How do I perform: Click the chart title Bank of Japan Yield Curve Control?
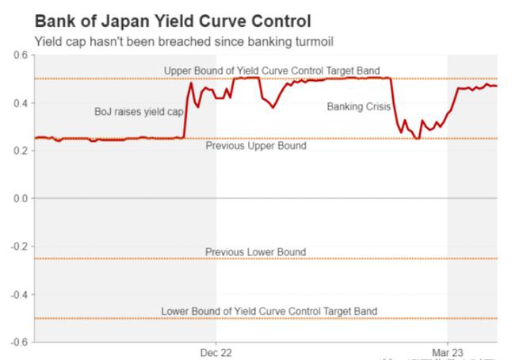(x=173, y=21)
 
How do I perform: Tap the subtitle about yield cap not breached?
(x=189, y=41)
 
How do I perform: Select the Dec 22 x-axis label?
(x=216, y=351)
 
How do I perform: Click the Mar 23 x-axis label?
(x=448, y=351)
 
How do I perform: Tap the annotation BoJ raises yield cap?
(x=139, y=112)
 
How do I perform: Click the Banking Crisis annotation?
(x=359, y=106)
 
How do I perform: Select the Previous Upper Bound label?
(x=255, y=146)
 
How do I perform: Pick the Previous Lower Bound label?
(x=255, y=252)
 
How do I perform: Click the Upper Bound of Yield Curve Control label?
(x=272, y=71)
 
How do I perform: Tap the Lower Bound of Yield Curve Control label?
(x=269, y=311)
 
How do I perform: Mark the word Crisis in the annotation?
(x=377, y=106)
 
